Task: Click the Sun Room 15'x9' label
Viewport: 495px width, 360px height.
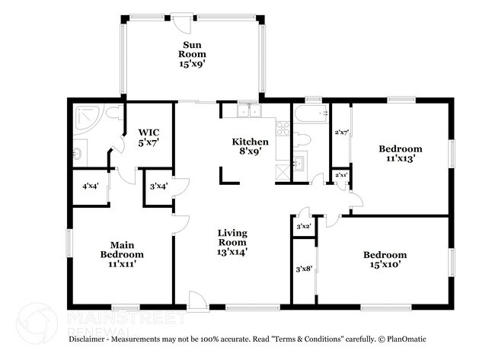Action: tap(192, 54)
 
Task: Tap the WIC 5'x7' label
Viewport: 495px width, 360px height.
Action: tap(148, 137)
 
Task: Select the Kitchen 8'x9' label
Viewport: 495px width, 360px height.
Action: tap(251, 146)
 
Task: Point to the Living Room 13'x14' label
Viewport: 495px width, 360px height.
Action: tap(232, 242)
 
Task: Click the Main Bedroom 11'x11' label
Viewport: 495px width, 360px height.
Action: tap(122, 254)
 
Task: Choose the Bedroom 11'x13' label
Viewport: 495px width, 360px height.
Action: tap(401, 153)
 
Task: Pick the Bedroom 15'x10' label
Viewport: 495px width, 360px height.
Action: tap(385, 260)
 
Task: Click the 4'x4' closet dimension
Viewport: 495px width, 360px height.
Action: tap(91, 186)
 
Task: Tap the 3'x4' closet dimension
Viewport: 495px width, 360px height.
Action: tap(158, 186)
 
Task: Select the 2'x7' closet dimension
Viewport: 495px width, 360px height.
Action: tap(341, 132)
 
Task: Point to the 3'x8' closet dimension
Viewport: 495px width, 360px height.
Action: tap(304, 269)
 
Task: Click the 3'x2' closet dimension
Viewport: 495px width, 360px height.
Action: tap(304, 226)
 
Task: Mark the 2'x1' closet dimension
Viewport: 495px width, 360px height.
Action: tap(341, 175)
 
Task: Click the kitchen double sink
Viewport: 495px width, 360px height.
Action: tap(249, 110)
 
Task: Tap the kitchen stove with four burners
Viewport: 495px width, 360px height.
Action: tap(283, 129)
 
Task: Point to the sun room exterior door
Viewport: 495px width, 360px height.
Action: tap(181, 23)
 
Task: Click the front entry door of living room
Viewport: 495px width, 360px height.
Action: tap(198, 301)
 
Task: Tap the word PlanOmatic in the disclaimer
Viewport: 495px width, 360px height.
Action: tap(407, 339)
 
